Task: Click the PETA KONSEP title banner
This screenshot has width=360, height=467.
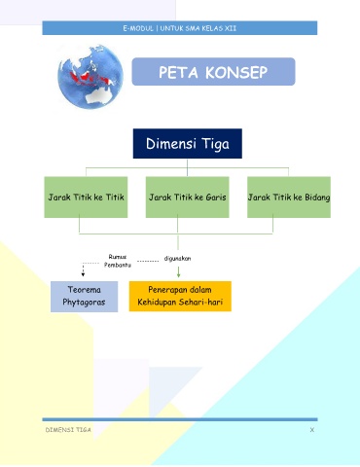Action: pos(213,72)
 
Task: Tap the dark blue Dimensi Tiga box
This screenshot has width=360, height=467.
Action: pos(188,143)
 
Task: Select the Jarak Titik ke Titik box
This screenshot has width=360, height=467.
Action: pos(86,198)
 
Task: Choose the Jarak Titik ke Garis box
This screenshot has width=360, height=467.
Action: pos(188,198)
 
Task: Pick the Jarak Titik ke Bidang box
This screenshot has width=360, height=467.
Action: pos(289,198)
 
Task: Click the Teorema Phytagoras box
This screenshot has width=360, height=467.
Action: pos(84,297)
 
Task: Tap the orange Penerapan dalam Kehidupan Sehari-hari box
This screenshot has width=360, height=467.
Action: pos(180,296)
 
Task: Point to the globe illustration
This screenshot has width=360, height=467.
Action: pos(90,77)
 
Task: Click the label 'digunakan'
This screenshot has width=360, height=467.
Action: pos(177,259)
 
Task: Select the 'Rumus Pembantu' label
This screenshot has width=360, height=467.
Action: pos(118,261)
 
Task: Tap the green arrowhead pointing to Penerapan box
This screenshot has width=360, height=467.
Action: pos(178,274)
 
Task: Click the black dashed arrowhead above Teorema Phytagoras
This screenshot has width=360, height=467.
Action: pos(83,274)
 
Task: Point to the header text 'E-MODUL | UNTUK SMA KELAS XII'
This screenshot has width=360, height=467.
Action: pos(180,28)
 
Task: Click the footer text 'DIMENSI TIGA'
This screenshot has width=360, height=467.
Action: pos(68,430)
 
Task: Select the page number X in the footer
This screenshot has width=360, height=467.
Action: pos(312,430)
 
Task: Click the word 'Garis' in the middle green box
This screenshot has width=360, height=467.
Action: pos(216,198)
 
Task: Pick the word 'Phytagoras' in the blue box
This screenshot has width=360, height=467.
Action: pos(84,303)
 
